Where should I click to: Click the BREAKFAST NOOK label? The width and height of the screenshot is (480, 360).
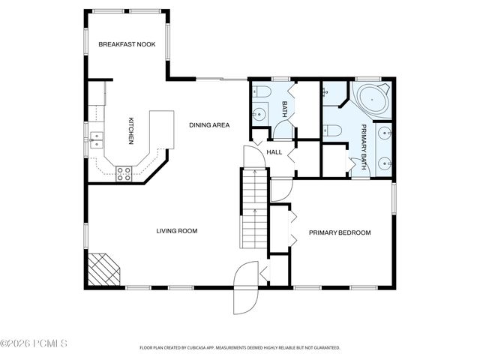[x=127, y=44]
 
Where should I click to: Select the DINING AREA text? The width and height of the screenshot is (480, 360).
[x=209, y=124]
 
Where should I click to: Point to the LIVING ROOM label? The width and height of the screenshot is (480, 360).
[x=176, y=231]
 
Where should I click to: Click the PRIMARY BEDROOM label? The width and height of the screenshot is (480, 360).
[x=340, y=232]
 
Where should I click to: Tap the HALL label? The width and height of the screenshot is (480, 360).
[x=274, y=152]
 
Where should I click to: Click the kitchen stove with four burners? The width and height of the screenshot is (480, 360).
[x=124, y=173]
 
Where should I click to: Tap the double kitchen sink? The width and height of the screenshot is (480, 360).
[x=97, y=138]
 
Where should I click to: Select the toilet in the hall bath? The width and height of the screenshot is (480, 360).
[x=262, y=91]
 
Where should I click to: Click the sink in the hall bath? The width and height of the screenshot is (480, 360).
[x=259, y=115]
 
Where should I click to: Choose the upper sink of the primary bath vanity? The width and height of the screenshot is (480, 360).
[x=384, y=133]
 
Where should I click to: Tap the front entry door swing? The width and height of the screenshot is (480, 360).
[x=244, y=289]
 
